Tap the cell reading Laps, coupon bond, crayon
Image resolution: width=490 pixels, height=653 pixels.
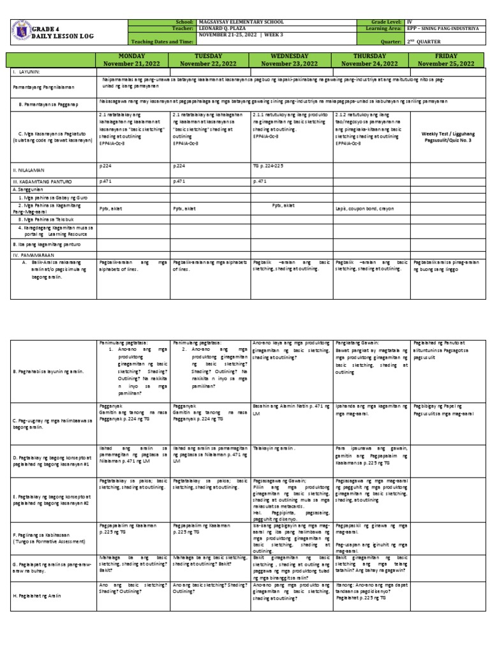pos(362,208)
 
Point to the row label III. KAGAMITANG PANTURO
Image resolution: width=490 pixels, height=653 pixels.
pos(40,181)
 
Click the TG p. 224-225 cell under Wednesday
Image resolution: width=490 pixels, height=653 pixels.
pos(270,164)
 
